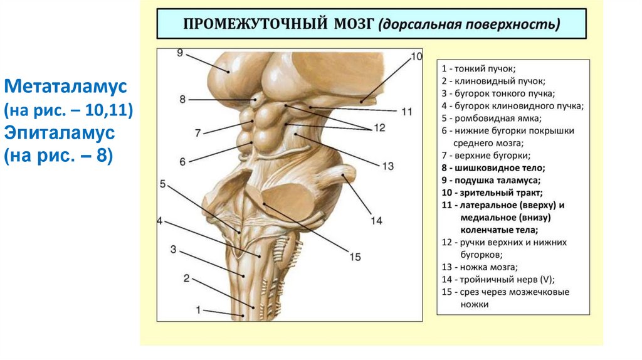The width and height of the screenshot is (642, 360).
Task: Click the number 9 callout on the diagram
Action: [x=180, y=53]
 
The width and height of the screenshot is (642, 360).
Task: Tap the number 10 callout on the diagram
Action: [x=417, y=56]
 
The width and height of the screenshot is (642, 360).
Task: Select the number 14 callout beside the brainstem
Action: [x=376, y=220]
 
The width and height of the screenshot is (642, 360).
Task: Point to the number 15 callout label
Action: [x=355, y=257]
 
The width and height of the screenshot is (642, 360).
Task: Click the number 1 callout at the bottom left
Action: [x=199, y=309]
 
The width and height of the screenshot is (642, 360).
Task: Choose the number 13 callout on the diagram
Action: [x=387, y=166]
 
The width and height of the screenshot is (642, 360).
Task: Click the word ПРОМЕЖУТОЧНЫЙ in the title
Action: [x=253, y=24]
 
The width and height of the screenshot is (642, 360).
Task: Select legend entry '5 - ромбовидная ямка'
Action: [x=491, y=118]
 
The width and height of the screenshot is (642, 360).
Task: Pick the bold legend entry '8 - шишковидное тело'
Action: [x=493, y=167]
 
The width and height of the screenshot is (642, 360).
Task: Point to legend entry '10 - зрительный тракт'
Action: [x=492, y=193]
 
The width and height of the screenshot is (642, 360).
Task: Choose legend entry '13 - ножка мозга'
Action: [x=479, y=267]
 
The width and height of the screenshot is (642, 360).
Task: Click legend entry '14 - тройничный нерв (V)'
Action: [x=498, y=280]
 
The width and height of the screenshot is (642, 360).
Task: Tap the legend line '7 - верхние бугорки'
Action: [x=486, y=155]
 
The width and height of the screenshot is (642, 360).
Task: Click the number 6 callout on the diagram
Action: [x=182, y=161]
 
